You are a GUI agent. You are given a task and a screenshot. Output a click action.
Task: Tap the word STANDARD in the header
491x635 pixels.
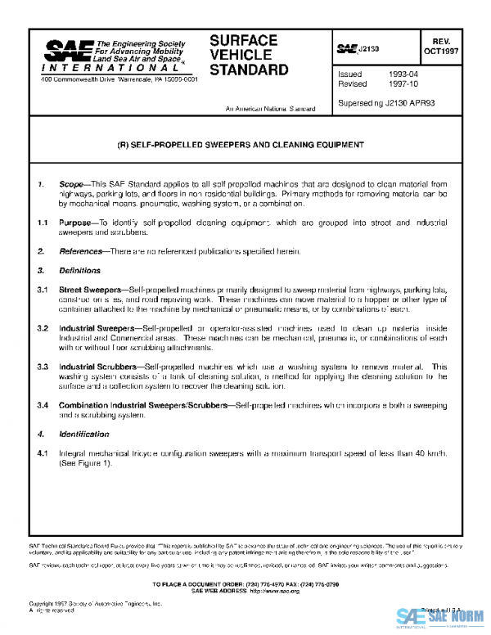click(250, 70)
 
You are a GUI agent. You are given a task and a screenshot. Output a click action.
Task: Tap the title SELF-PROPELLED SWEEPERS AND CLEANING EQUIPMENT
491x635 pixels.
click(241, 145)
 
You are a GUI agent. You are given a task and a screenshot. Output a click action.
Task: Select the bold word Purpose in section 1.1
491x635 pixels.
click(75, 223)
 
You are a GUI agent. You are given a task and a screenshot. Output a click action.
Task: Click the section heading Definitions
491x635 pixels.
click(79, 270)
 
